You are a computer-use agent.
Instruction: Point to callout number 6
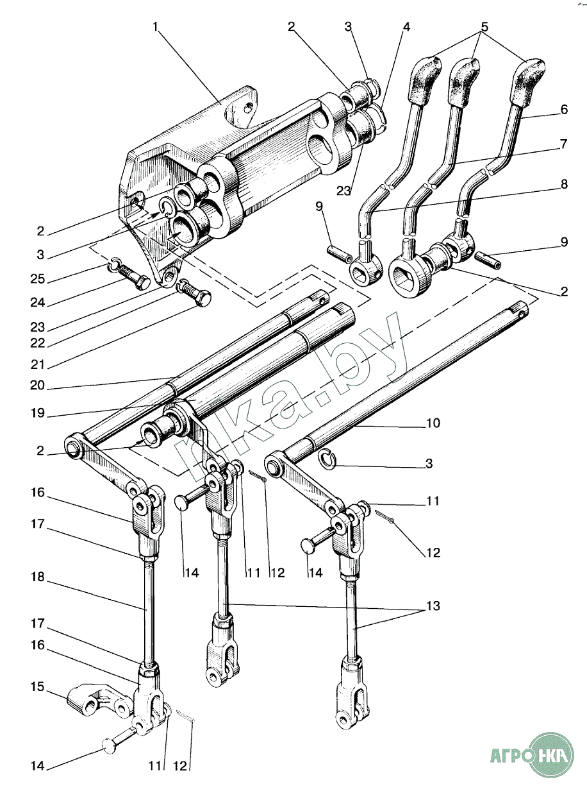tap(564, 110)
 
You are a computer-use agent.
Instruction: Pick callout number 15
tap(37, 687)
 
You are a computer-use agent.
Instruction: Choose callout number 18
tap(37, 577)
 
